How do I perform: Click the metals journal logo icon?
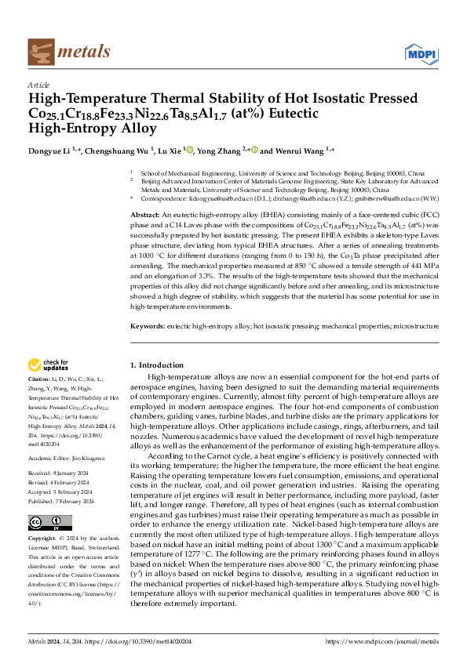[x=39, y=52]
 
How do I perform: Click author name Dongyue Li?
[x=49, y=150]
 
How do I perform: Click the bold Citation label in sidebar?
[x=40, y=379]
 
